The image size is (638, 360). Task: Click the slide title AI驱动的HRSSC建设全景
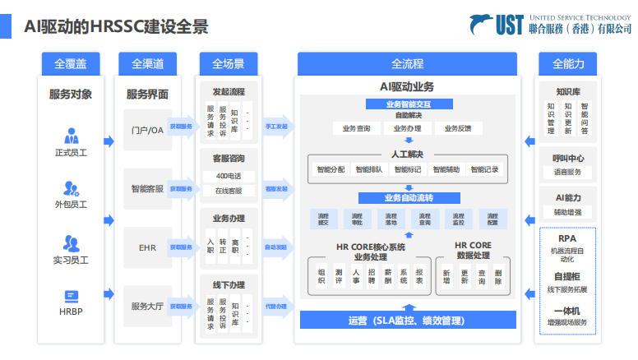(x=116, y=26)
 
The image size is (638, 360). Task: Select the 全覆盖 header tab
(x=70, y=63)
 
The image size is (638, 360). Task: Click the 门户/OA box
(x=147, y=129)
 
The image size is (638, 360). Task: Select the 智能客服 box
(x=147, y=188)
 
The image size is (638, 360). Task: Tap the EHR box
(x=147, y=247)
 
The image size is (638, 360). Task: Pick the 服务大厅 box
(x=147, y=306)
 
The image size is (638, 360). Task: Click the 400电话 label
(x=229, y=176)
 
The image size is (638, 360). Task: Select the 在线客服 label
(x=229, y=191)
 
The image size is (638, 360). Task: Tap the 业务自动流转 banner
(x=408, y=198)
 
